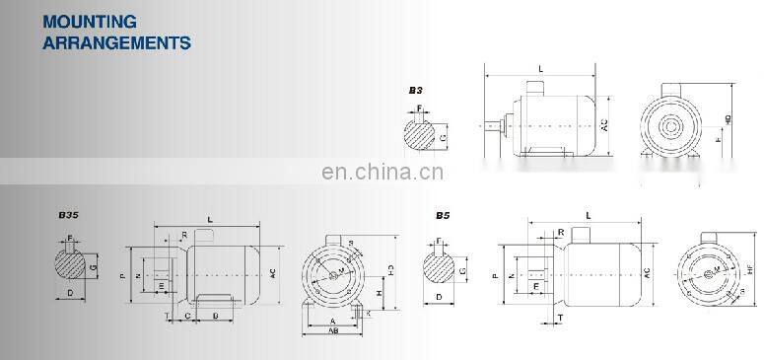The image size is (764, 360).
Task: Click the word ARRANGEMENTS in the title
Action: pos(116,42)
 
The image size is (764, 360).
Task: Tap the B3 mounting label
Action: pos(415,90)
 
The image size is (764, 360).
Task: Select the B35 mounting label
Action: pos(68,215)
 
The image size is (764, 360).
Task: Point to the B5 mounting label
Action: pos(443,215)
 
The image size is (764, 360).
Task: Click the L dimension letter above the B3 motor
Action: pos(540,67)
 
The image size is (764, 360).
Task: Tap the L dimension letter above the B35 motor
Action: pos(210,218)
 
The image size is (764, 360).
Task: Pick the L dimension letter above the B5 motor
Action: pos(589,214)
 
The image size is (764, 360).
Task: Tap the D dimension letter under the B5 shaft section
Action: pos(439,295)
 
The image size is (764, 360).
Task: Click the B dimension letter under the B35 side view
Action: pos(215,317)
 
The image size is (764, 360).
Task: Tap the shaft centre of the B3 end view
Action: pos(673,126)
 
